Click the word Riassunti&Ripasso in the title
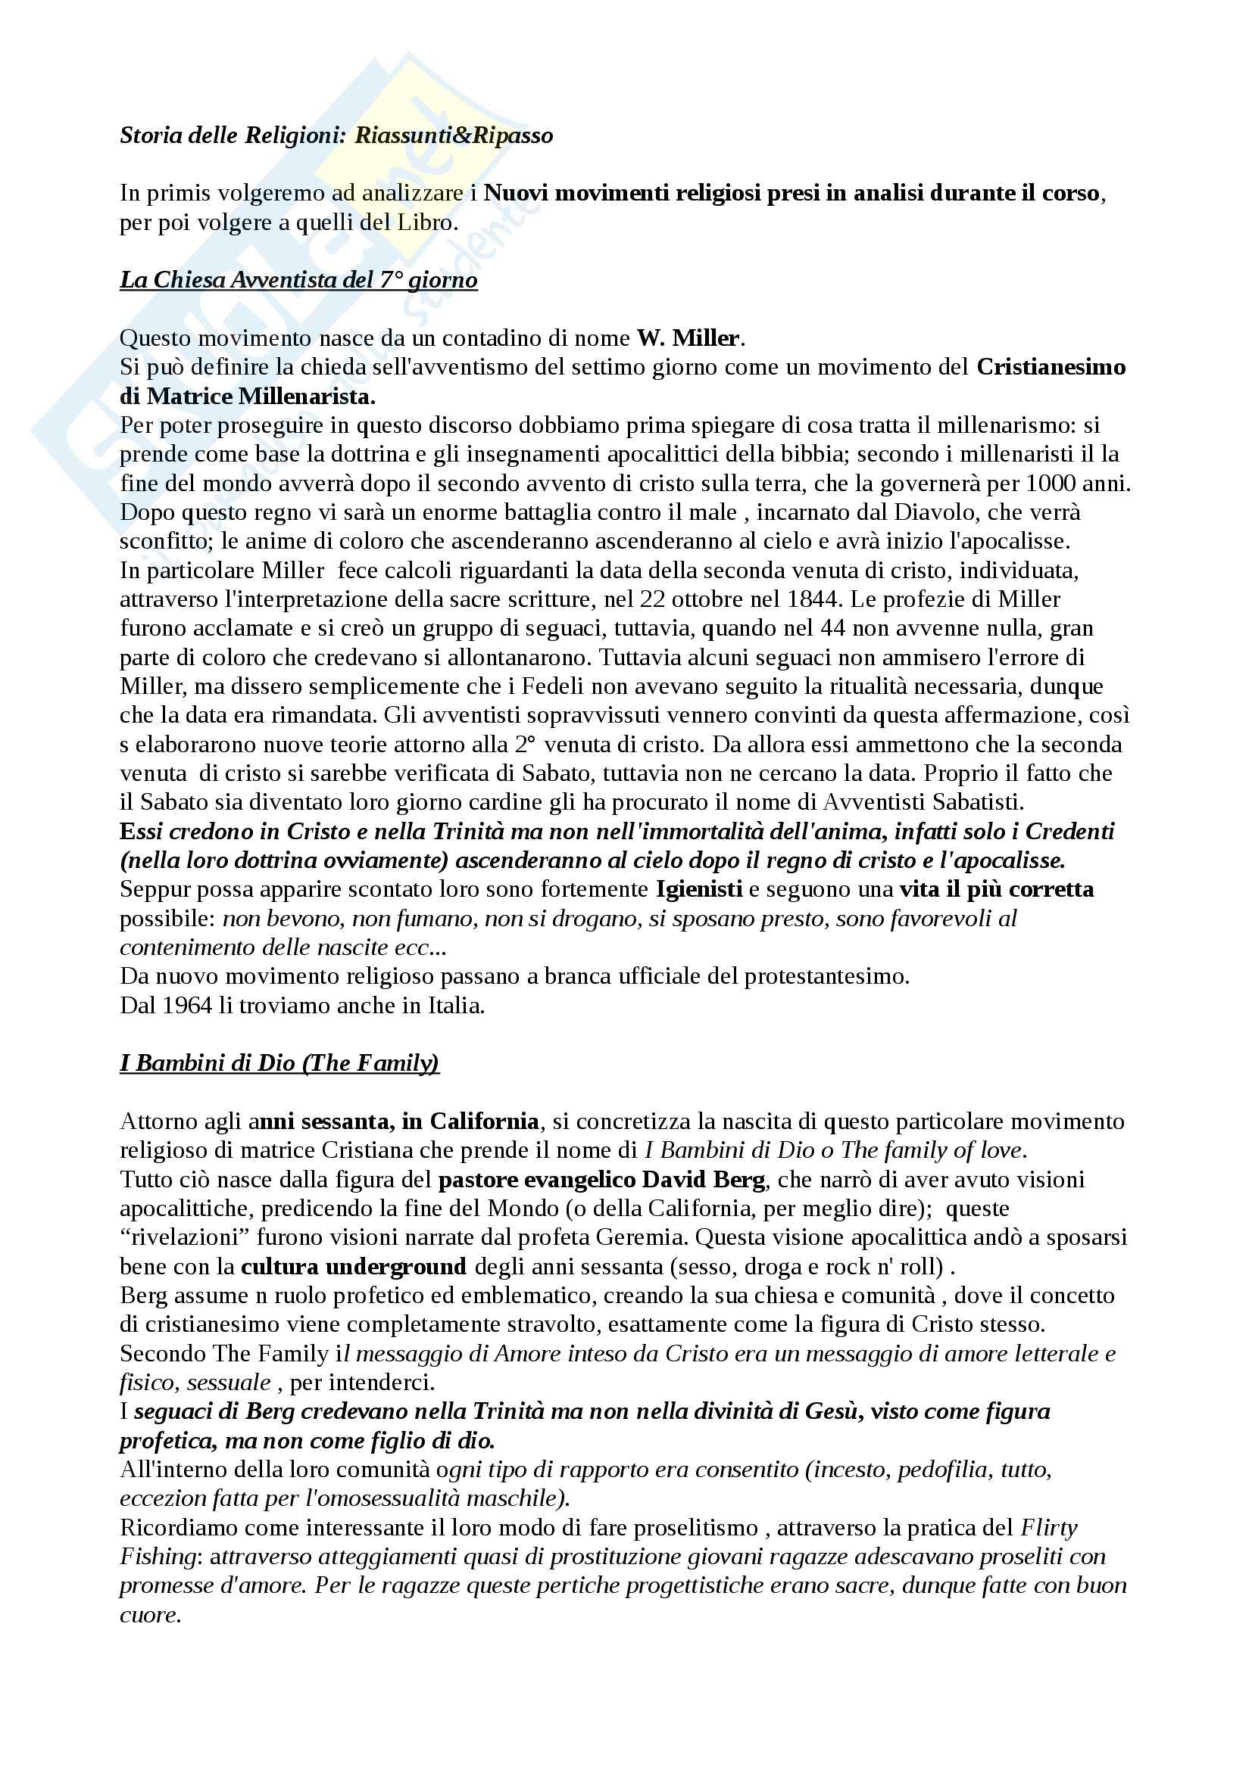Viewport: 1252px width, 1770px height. (454, 135)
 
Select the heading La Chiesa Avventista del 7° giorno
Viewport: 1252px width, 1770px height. (298, 280)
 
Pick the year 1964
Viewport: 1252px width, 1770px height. (185, 1005)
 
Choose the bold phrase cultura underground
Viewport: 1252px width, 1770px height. (353, 1267)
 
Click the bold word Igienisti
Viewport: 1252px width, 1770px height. (699, 890)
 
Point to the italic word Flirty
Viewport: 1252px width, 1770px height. (1049, 1528)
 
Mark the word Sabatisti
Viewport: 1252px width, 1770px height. (977, 802)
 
